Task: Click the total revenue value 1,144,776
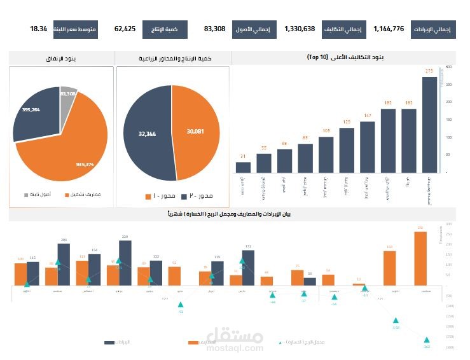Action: click(x=389, y=29)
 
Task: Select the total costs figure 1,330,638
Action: click(x=300, y=29)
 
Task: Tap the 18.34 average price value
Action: click(x=39, y=29)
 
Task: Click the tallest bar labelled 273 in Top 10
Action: click(x=429, y=125)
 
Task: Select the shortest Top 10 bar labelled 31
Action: click(x=243, y=167)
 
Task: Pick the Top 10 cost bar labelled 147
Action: click(x=368, y=147)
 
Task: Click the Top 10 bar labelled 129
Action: click(x=347, y=150)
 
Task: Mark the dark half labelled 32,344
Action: click(x=147, y=134)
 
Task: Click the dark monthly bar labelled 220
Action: click(x=125, y=262)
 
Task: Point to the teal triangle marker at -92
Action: click(x=181, y=305)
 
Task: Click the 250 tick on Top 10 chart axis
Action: click(x=448, y=84)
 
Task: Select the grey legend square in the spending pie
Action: click(x=26, y=195)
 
